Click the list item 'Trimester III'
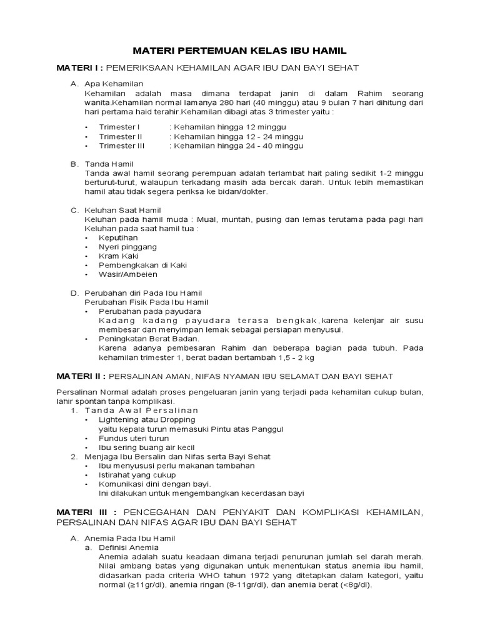(x=121, y=146)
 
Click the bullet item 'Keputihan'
(x=118, y=237)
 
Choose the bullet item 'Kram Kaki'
(x=119, y=256)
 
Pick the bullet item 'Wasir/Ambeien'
(x=128, y=274)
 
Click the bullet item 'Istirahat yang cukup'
(x=138, y=474)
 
